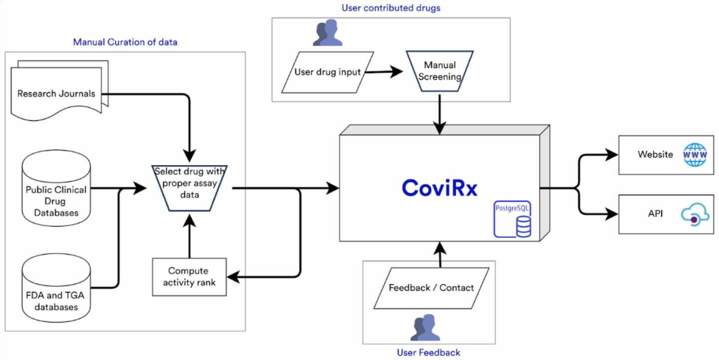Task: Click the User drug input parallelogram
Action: (x=328, y=72)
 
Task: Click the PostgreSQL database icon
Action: (x=513, y=219)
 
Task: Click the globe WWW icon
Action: (x=695, y=154)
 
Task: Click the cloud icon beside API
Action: (x=695, y=216)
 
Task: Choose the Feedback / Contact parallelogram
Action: (x=431, y=288)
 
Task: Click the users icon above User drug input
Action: (x=328, y=34)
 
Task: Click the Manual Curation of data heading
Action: (x=125, y=42)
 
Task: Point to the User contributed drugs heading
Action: (x=390, y=8)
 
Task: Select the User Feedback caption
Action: (x=428, y=353)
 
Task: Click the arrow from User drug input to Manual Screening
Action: (x=382, y=72)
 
